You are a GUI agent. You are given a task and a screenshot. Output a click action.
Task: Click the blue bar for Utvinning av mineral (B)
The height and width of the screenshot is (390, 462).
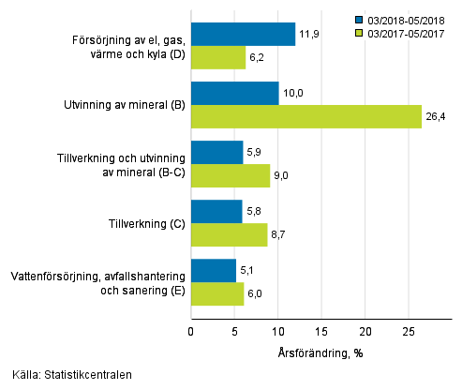pyautogui.click(x=234, y=94)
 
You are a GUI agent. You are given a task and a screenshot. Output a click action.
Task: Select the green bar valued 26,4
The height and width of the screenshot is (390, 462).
pyautogui.click(x=306, y=116)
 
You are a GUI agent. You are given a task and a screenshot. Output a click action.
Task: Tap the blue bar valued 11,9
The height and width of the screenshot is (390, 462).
pyautogui.click(x=243, y=35)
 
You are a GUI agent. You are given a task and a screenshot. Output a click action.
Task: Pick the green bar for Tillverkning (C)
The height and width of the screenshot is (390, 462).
pyautogui.click(x=229, y=235)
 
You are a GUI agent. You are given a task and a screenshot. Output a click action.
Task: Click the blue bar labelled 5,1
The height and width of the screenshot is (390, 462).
pyautogui.click(x=214, y=271)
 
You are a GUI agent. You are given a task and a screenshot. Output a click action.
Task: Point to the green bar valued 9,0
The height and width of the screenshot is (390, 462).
pyautogui.click(x=230, y=175)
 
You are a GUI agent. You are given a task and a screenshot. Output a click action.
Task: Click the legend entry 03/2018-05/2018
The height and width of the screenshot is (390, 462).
pyautogui.click(x=408, y=18)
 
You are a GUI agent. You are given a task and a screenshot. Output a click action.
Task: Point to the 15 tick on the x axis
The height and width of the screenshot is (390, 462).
pyautogui.click(x=321, y=331)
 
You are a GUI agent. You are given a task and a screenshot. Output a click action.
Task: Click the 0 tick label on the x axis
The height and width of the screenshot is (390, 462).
pyautogui.click(x=191, y=331)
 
